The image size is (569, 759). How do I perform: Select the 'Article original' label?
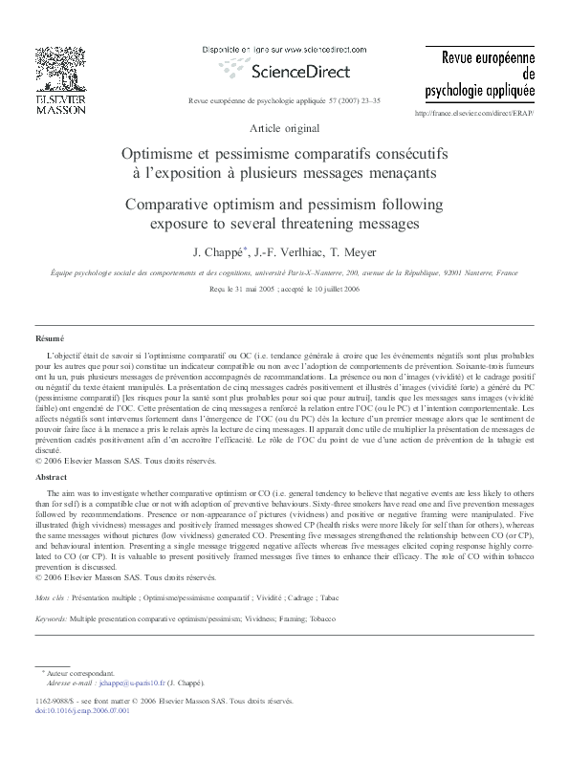point(284,128)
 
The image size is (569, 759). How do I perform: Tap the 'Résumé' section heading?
point(50,338)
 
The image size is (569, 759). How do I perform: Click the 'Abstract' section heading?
point(52,475)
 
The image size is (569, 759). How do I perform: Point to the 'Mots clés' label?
point(49,596)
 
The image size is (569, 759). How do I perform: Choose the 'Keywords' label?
point(50,618)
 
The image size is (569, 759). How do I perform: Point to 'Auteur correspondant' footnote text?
point(87,673)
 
